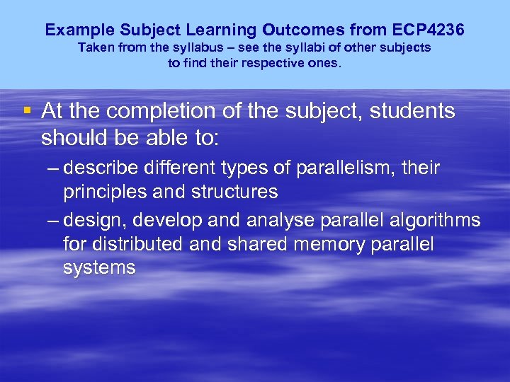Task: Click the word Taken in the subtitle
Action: [x=94, y=48]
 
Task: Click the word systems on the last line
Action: [x=99, y=268]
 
